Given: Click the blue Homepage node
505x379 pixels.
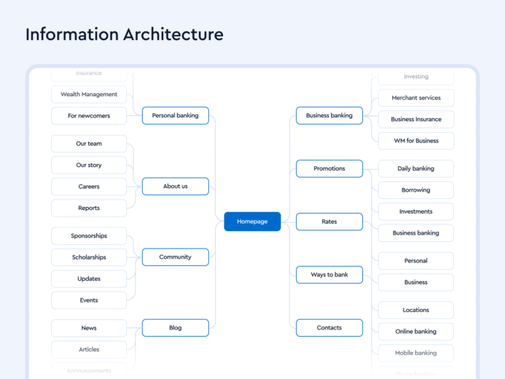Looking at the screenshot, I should [x=252, y=222].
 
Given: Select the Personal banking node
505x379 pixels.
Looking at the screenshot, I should [x=176, y=115].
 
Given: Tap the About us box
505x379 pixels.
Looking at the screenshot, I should [x=176, y=187].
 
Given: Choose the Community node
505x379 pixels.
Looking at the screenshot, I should [x=176, y=257].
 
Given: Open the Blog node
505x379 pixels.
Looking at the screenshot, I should [x=176, y=328].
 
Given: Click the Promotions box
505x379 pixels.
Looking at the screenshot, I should [x=329, y=168].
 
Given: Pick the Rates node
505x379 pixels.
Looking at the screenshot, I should [x=329, y=222].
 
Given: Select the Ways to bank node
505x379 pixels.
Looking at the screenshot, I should [x=329, y=275].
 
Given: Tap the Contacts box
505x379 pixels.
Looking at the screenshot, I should [x=329, y=328].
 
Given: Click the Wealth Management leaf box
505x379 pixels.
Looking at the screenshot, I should [x=89, y=94].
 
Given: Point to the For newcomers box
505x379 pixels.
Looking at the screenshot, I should [x=89, y=116].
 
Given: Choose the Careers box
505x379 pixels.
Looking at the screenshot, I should [x=89, y=187].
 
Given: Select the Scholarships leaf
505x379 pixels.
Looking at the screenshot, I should [x=89, y=257].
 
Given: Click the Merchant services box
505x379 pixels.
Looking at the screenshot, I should [x=416, y=98].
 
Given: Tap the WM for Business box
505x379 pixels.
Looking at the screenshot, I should [x=416, y=141].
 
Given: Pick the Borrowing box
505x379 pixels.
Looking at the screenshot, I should [x=416, y=190].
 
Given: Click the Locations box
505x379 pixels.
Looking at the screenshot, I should [x=416, y=310].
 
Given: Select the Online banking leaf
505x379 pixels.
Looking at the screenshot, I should [x=416, y=332].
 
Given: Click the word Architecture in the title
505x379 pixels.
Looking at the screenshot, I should [x=173, y=34].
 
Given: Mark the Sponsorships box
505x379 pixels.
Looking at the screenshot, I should [x=89, y=236].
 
